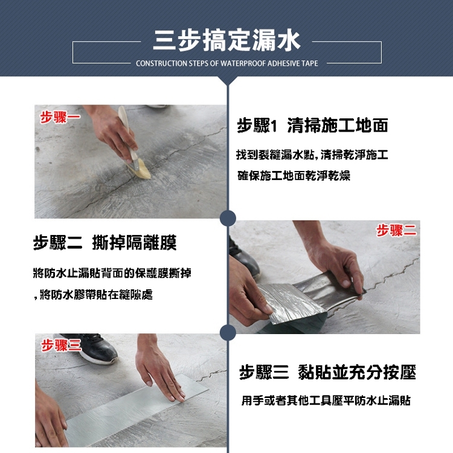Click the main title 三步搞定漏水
[x=226, y=40]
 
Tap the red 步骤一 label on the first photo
[x=60, y=118]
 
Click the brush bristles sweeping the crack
[x=140, y=170]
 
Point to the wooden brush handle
[x=127, y=133]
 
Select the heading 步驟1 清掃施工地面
[x=313, y=125]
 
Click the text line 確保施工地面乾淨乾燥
[x=294, y=176]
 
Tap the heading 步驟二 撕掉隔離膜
[x=105, y=242]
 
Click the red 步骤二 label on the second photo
[x=396, y=231]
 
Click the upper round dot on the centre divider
[x=228, y=218]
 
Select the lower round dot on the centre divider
[x=228, y=332]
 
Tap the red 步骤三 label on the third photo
[x=61, y=345]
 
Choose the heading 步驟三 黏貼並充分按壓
[x=327, y=372]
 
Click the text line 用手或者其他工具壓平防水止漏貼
[x=326, y=400]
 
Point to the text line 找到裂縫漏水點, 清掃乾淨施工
[x=312, y=155]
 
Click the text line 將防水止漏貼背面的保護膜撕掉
[x=112, y=273]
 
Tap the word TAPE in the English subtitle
[x=311, y=63]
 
